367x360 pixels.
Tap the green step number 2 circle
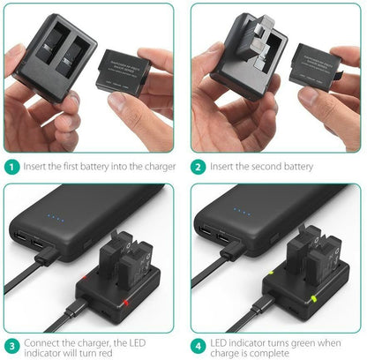(199, 166)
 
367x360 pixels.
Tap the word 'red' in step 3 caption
(107, 353)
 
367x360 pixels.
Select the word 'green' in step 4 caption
(304, 340)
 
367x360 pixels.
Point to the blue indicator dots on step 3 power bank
(53, 221)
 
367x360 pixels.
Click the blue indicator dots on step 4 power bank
(241, 213)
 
